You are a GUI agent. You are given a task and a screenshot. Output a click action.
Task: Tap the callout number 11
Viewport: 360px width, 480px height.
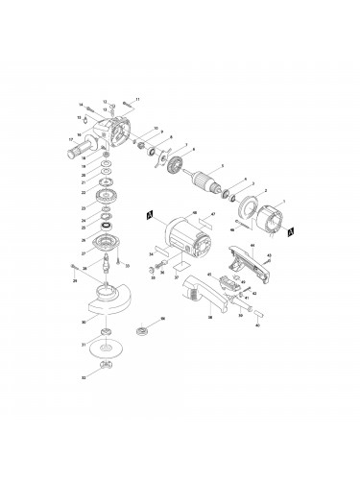[137, 99]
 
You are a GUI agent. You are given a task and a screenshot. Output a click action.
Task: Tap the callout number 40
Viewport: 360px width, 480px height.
[258, 324]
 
